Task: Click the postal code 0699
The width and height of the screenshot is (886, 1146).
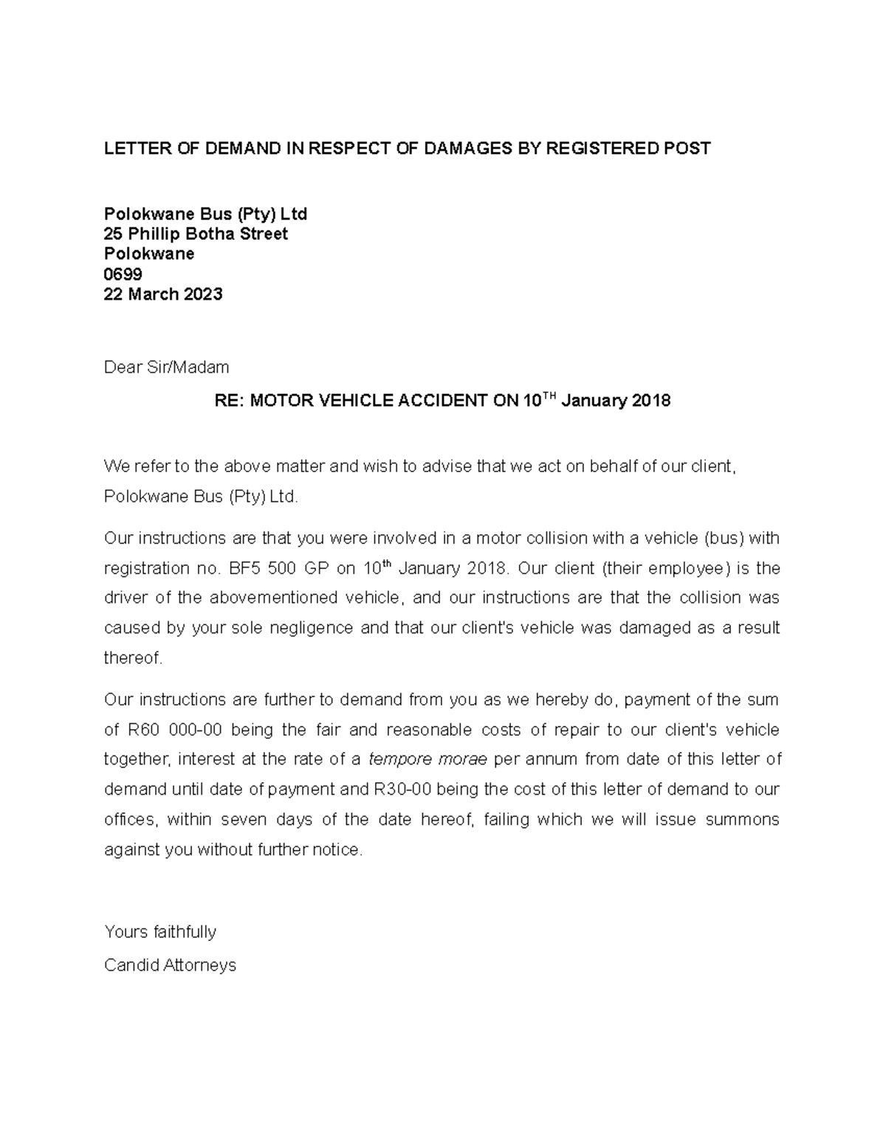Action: pos(123,275)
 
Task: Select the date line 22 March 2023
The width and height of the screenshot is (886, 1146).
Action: pos(163,294)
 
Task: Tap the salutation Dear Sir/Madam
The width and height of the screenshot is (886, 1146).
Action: pos(167,367)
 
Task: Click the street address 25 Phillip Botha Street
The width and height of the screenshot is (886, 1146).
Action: pos(196,235)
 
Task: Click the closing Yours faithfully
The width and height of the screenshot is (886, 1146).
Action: pos(160,932)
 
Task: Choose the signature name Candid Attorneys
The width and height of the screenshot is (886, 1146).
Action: pos(170,965)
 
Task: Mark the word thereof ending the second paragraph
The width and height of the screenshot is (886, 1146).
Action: pos(133,658)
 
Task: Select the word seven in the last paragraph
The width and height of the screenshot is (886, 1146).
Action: pos(244,820)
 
